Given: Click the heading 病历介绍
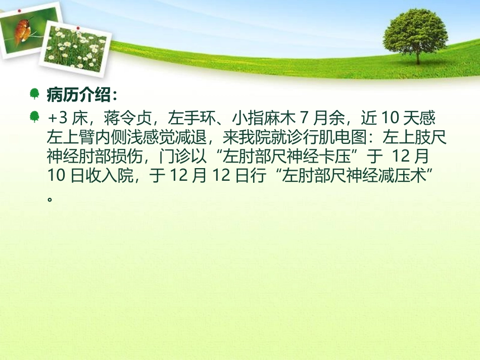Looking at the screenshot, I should click(81, 94).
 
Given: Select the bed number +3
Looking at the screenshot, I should click(57, 119).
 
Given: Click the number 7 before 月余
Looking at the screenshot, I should click(304, 119).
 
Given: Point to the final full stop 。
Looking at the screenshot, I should click(50, 198).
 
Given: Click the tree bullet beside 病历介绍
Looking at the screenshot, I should click(34, 93).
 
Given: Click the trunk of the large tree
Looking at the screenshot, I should click(417, 57).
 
